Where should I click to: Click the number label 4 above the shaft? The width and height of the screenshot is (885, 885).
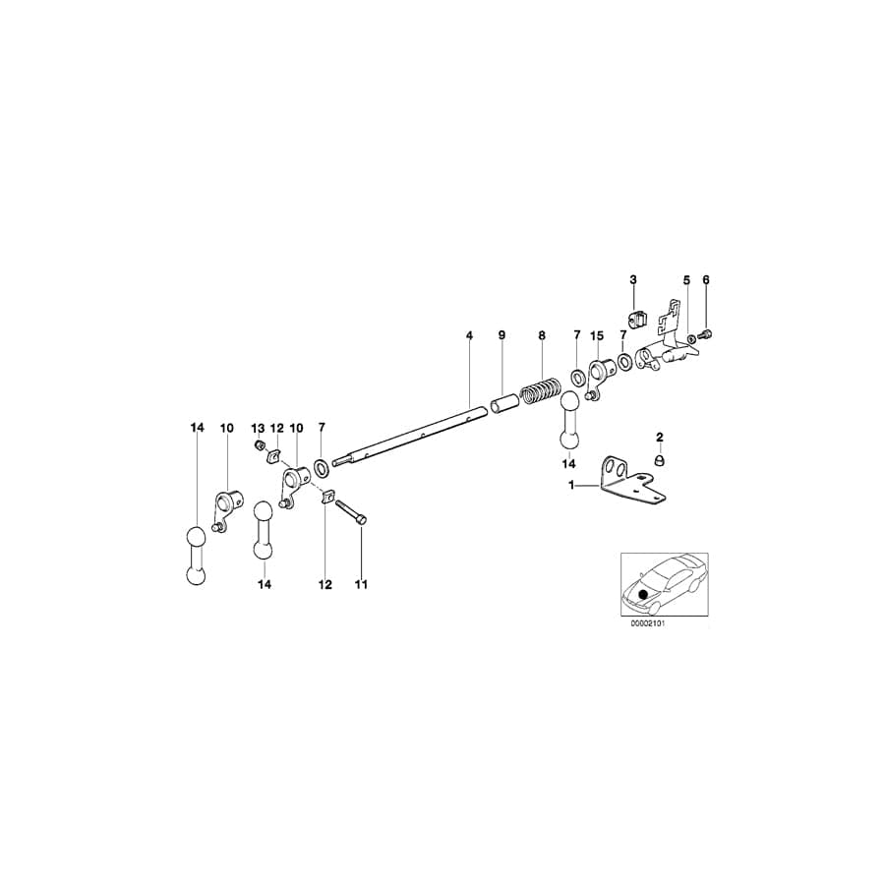point(470,335)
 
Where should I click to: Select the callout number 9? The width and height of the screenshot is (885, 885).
point(501,335)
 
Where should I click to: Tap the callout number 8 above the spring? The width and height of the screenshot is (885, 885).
point(541,335)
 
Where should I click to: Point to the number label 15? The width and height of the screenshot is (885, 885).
point(596,335)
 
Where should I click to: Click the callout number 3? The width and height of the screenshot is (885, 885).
point(633,280)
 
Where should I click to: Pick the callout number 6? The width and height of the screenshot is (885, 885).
point(705,280)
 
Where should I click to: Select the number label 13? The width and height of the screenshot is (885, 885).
point(258,428)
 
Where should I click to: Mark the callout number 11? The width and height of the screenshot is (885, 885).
point(361,584)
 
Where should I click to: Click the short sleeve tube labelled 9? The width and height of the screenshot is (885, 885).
point(503,404)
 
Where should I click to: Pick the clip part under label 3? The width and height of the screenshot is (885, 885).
point(634,320)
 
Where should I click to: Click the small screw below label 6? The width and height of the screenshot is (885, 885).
point(705,336)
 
